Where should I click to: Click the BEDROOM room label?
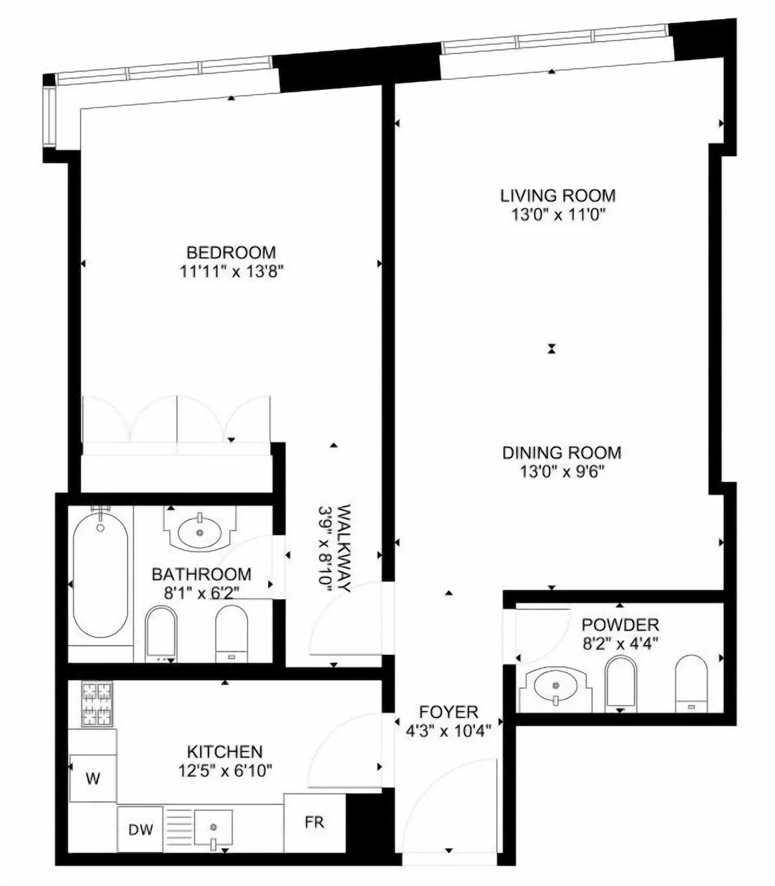(231, 252)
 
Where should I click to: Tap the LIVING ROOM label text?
(558, 196)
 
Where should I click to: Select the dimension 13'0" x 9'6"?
(562, 472)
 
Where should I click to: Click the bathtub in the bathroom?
(101, 578)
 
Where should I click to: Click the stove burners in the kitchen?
(97, 703)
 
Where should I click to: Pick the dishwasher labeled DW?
(140, 829)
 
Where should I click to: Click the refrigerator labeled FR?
(315, 822)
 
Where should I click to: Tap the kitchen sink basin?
(213, 828)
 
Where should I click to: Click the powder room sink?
(555, 687)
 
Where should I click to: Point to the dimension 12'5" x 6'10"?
(225, 770)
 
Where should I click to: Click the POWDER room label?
(620, 625)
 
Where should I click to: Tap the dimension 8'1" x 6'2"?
(201, 593)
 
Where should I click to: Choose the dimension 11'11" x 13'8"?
(231, 272)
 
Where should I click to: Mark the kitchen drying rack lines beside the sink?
(179, 829)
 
